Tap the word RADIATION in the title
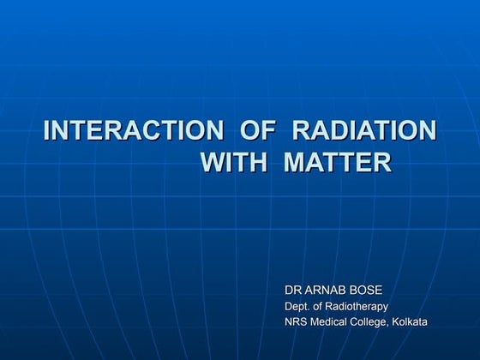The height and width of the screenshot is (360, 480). (x=364, y=131)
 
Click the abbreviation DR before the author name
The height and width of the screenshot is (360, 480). (x=293, y=291)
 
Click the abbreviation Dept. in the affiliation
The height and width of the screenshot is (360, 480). (x=297, y=306)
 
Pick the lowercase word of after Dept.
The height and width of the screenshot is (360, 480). (x=321, y=306)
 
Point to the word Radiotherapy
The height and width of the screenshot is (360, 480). (x=358, y=307)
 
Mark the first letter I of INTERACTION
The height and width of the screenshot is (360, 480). (x=46, y=131)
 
